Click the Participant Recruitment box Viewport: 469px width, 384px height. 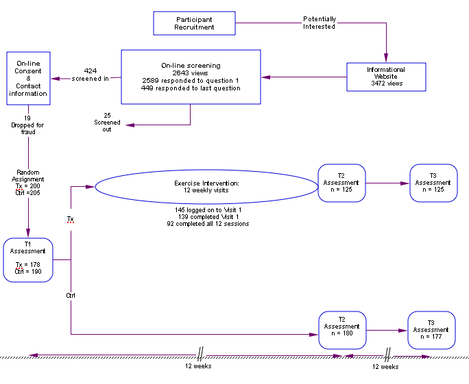point(194,23)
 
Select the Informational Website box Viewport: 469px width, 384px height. point(386,77)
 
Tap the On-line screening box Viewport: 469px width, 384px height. point(191,77)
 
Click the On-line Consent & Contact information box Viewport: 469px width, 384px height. point(28,78)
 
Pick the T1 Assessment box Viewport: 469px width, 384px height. point(28,259)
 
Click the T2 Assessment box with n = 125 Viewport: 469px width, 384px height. point(341,183)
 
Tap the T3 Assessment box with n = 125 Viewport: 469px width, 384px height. point(433,183)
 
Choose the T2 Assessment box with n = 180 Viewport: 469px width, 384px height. point(341,330)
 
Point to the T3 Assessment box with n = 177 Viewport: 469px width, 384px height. point(431,330)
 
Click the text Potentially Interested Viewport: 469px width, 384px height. point(320,23)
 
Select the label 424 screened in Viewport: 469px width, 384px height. point(91,75)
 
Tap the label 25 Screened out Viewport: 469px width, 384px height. point(107,122)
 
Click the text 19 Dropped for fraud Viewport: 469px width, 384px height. point(27,125)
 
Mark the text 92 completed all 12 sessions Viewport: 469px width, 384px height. point(208,224)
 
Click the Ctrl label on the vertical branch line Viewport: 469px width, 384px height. point(71,296)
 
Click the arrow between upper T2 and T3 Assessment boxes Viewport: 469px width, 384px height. point(387,183)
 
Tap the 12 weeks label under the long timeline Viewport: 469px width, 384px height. point(198,366)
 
